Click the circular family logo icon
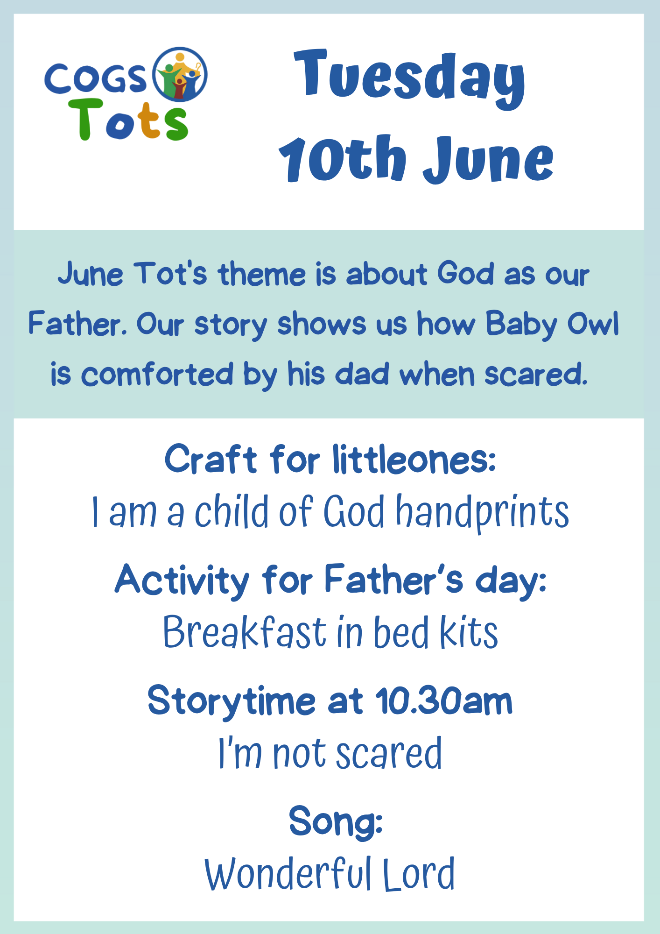point(180,74)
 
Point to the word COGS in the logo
point(96,78)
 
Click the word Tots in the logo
point(128,120)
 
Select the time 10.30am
point(444,700)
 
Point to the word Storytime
point(232,702)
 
